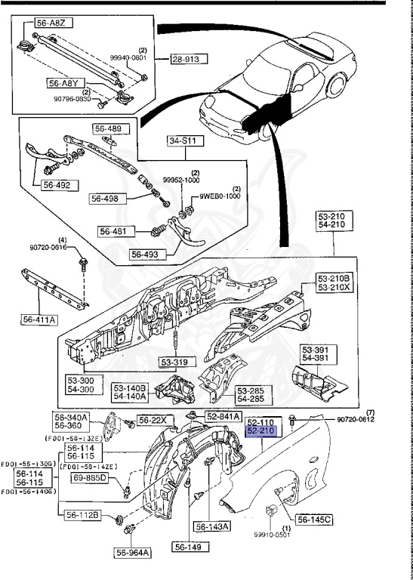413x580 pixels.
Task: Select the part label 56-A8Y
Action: [64, 84]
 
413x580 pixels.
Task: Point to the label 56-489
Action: [108, 128]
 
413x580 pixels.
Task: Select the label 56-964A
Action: [133, 552]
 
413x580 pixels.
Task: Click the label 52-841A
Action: [223, 416]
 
